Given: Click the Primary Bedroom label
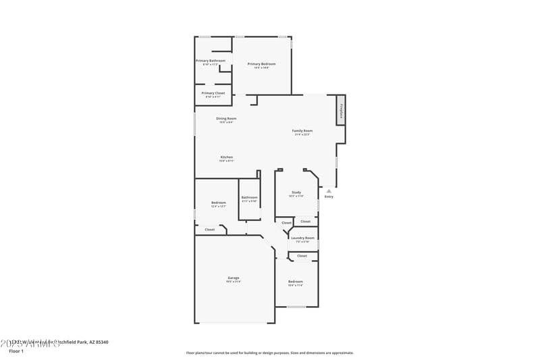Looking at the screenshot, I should [x=262, y=64].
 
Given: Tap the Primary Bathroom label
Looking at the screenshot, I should [x=211, y=61].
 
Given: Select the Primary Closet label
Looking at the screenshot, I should [x=213, y=93].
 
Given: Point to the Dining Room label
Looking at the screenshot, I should [x=226, y=118].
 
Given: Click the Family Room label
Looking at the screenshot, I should [x=302, y=130].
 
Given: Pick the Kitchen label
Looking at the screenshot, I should [x=226, y=157].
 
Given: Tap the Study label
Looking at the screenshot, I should [x=296, y=192].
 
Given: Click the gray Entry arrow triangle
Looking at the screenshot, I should [x=329, y=190].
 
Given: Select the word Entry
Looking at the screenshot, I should [x=329, y=197].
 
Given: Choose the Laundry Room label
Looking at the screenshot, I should [x=302, y=238].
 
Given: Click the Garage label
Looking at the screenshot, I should [x=234, y=278].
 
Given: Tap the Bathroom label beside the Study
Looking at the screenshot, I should [x=249, y=197].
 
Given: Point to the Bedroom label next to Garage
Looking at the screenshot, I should [x=296, y=281].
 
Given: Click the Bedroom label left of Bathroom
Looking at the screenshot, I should [x=218, y=203].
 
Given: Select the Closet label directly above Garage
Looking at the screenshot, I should [x=210, y=230].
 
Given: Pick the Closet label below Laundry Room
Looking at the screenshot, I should [x=302, y=256].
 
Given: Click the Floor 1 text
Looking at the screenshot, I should [x=16, y=351].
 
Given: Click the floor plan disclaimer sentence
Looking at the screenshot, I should [x=269, y=353].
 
